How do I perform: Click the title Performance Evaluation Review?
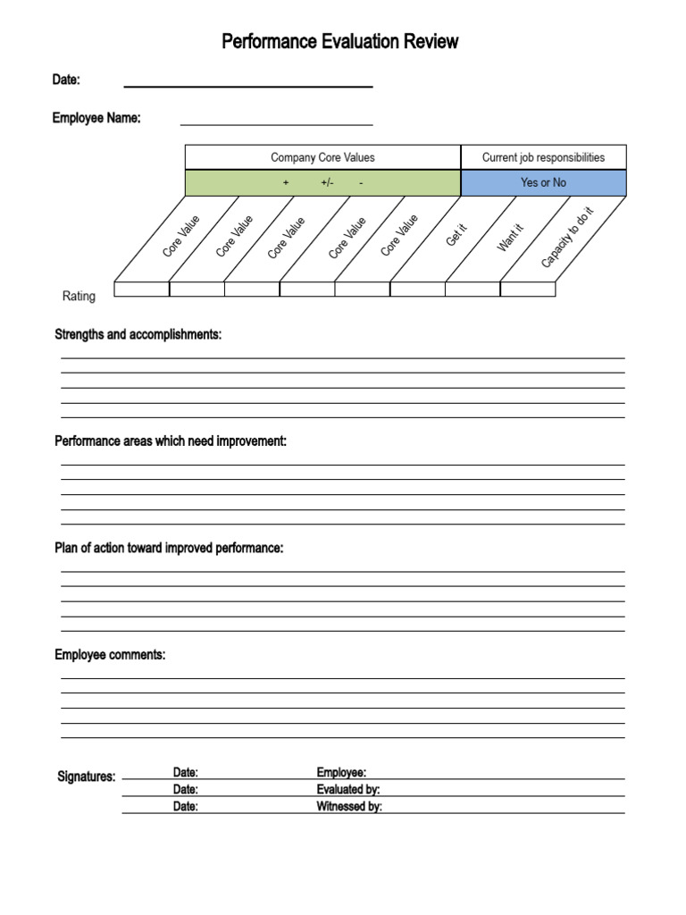coord(339,41)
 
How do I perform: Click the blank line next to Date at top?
coord(247,82)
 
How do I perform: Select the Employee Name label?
coord(96,118)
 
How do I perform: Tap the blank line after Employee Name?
coord(276,121)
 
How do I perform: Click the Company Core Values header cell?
coord(322,157)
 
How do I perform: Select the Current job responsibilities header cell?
coord(543,157)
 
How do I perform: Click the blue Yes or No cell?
coord(543,182)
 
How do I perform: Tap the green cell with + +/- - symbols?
coord(322,182)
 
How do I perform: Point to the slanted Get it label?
coord(456,236)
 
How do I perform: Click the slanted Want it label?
coord(510,238)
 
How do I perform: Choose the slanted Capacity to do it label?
coord(567,237)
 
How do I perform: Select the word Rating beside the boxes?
coord(79,296)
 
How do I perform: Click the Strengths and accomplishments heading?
coord(138,334)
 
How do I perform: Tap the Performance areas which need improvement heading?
coord(171,441)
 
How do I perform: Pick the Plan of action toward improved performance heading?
coord(169,548)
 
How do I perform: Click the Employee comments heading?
coord(110,655)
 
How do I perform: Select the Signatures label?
coord(86,776)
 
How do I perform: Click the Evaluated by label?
coord(354,789)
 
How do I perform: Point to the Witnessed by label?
coord(349,806)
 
